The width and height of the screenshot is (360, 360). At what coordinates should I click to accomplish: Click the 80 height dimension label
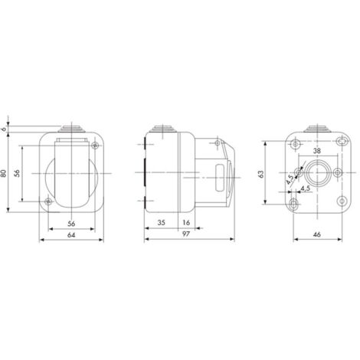tap(4, 173)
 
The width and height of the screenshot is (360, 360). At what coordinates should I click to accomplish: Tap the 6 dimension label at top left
tap(4, 129)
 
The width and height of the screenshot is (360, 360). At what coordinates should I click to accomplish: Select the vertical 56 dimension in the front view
tap(17, 173)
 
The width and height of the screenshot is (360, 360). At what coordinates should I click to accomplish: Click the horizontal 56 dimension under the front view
tap(71, 224)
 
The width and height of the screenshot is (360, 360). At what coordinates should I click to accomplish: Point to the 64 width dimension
tap(71, 235)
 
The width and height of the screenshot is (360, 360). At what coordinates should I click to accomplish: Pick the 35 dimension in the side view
tap(161, 223)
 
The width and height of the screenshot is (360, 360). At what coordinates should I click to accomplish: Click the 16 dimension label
tap(186, 223)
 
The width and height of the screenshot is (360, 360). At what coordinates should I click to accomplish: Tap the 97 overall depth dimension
tap(186, 234)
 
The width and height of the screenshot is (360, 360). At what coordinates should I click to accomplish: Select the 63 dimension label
tap(261, 174)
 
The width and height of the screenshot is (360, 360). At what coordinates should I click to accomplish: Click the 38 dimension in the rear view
tap(317, 151)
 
